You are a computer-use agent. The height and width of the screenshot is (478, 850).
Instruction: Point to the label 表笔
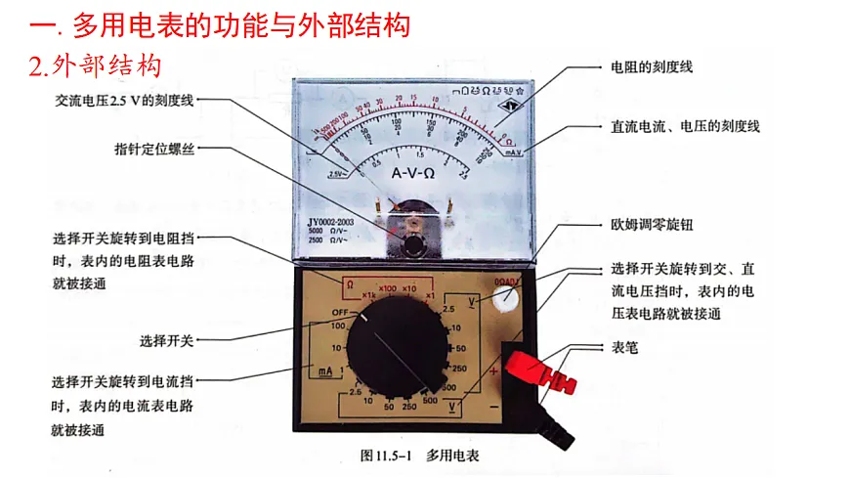[x=624, y=347]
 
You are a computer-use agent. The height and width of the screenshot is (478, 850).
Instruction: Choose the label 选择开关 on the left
[x=166, y=341]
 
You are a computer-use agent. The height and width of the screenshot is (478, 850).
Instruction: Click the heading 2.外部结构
[x=96, y=65]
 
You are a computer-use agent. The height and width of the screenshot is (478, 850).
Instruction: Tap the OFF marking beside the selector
[x=339, y=311]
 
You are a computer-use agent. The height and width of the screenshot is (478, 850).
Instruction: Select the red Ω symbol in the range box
[x=348, y=283]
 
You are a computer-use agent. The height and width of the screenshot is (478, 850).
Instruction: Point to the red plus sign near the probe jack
[x=493, y=372]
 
